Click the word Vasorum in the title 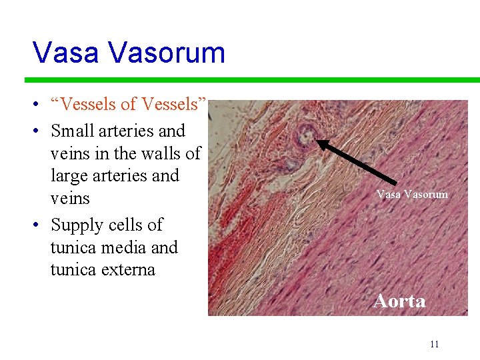169,52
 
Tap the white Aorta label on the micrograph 399,301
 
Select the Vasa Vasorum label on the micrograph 412,195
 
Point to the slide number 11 434,344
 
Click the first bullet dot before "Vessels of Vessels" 41,105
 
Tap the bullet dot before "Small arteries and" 41,131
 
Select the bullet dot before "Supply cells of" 41,225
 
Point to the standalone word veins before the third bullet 70,199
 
